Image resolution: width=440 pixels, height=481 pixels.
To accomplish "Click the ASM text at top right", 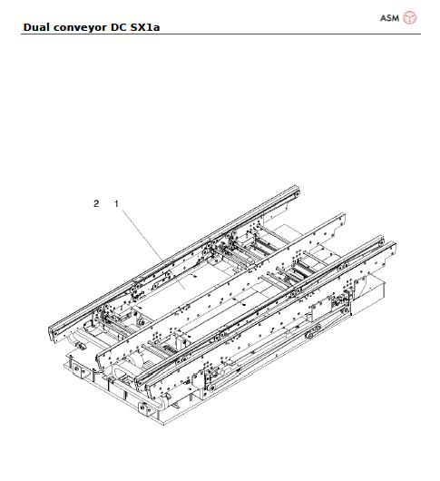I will (x=388, y=16).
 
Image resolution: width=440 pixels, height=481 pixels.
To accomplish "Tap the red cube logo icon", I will (x=410, y=16).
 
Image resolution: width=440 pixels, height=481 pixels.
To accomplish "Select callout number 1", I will (x=115, y=204).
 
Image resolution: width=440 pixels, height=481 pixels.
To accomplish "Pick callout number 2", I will (x=95, y=204).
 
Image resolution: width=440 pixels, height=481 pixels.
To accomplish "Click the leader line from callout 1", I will (x=145, y=240).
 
